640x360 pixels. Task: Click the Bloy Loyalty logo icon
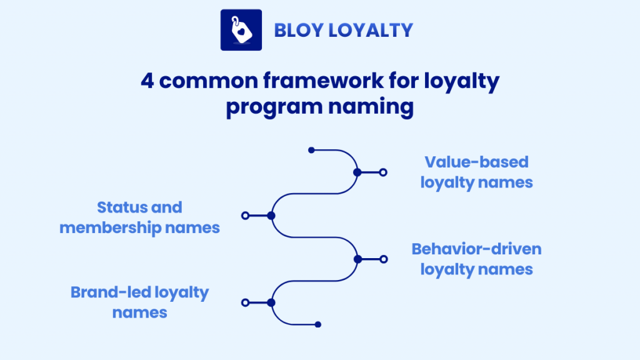241,30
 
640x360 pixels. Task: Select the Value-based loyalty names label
476,172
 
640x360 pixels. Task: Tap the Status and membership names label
140,217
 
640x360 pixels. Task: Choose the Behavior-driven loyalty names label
476,259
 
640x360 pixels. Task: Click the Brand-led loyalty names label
140,302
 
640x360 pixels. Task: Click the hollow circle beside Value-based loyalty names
383,172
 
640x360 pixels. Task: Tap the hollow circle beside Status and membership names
245,216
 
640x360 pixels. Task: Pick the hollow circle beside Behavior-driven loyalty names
383,259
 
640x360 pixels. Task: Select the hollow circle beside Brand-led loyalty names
245,302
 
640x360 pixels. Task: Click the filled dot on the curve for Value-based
357,172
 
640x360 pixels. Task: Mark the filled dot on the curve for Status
271,216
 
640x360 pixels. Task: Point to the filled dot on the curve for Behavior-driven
357,259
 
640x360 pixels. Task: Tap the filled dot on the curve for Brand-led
271,302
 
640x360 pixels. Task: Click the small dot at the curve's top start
311,150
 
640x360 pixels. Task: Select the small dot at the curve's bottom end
317,324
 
